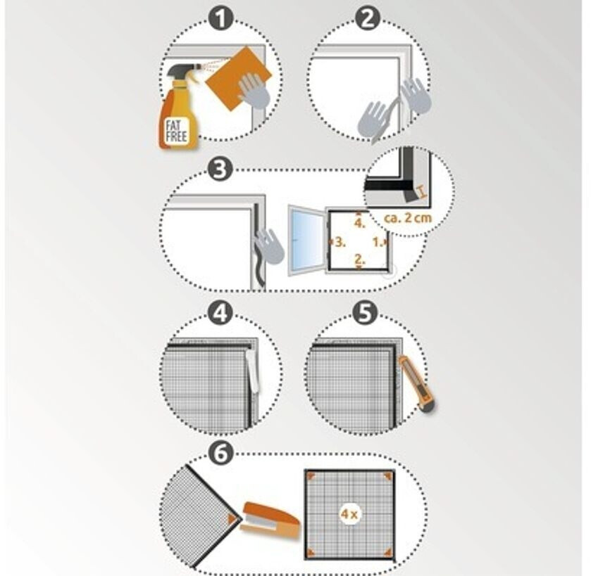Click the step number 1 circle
221,18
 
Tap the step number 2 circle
368,18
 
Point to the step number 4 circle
220,314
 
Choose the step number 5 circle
365,314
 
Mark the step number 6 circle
220,453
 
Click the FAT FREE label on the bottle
176,131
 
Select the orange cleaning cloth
239,78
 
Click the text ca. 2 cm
408,218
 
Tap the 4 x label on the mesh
349,513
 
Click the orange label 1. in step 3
378,242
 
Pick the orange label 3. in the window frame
340,242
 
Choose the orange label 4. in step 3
359,223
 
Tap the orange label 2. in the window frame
359,259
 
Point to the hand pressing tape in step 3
269,247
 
